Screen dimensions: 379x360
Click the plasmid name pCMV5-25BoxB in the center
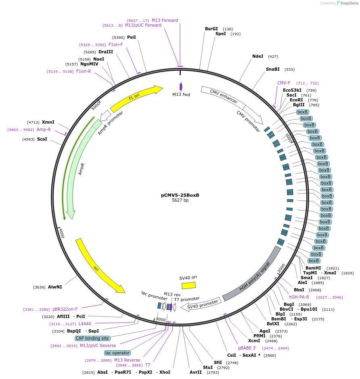click(180, 195)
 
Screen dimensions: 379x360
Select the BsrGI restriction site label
click(211, 29)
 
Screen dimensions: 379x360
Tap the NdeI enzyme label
click(257, 56)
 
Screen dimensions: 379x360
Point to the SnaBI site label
click(272, 69)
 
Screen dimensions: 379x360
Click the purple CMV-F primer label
click(284, 83)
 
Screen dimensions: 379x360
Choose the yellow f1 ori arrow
click(136, 98)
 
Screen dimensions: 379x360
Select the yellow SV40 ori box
click(188, 285)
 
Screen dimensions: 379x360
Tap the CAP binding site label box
click(92, 338)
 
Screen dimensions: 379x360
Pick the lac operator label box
click(117, 353)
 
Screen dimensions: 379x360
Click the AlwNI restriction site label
click(55, 287)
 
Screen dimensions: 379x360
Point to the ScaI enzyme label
click(42, 139)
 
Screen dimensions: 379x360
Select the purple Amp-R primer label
click(44, 129)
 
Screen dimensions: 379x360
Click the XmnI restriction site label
click(48, 122)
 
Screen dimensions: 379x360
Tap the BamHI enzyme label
click(313, 268)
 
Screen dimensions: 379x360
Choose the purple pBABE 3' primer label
click(247, 348)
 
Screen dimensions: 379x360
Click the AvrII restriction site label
click(195, 372)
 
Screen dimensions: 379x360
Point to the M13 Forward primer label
click(165, 20)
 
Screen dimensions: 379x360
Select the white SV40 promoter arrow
click(201, 303)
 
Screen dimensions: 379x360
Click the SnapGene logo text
click(348, 3)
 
